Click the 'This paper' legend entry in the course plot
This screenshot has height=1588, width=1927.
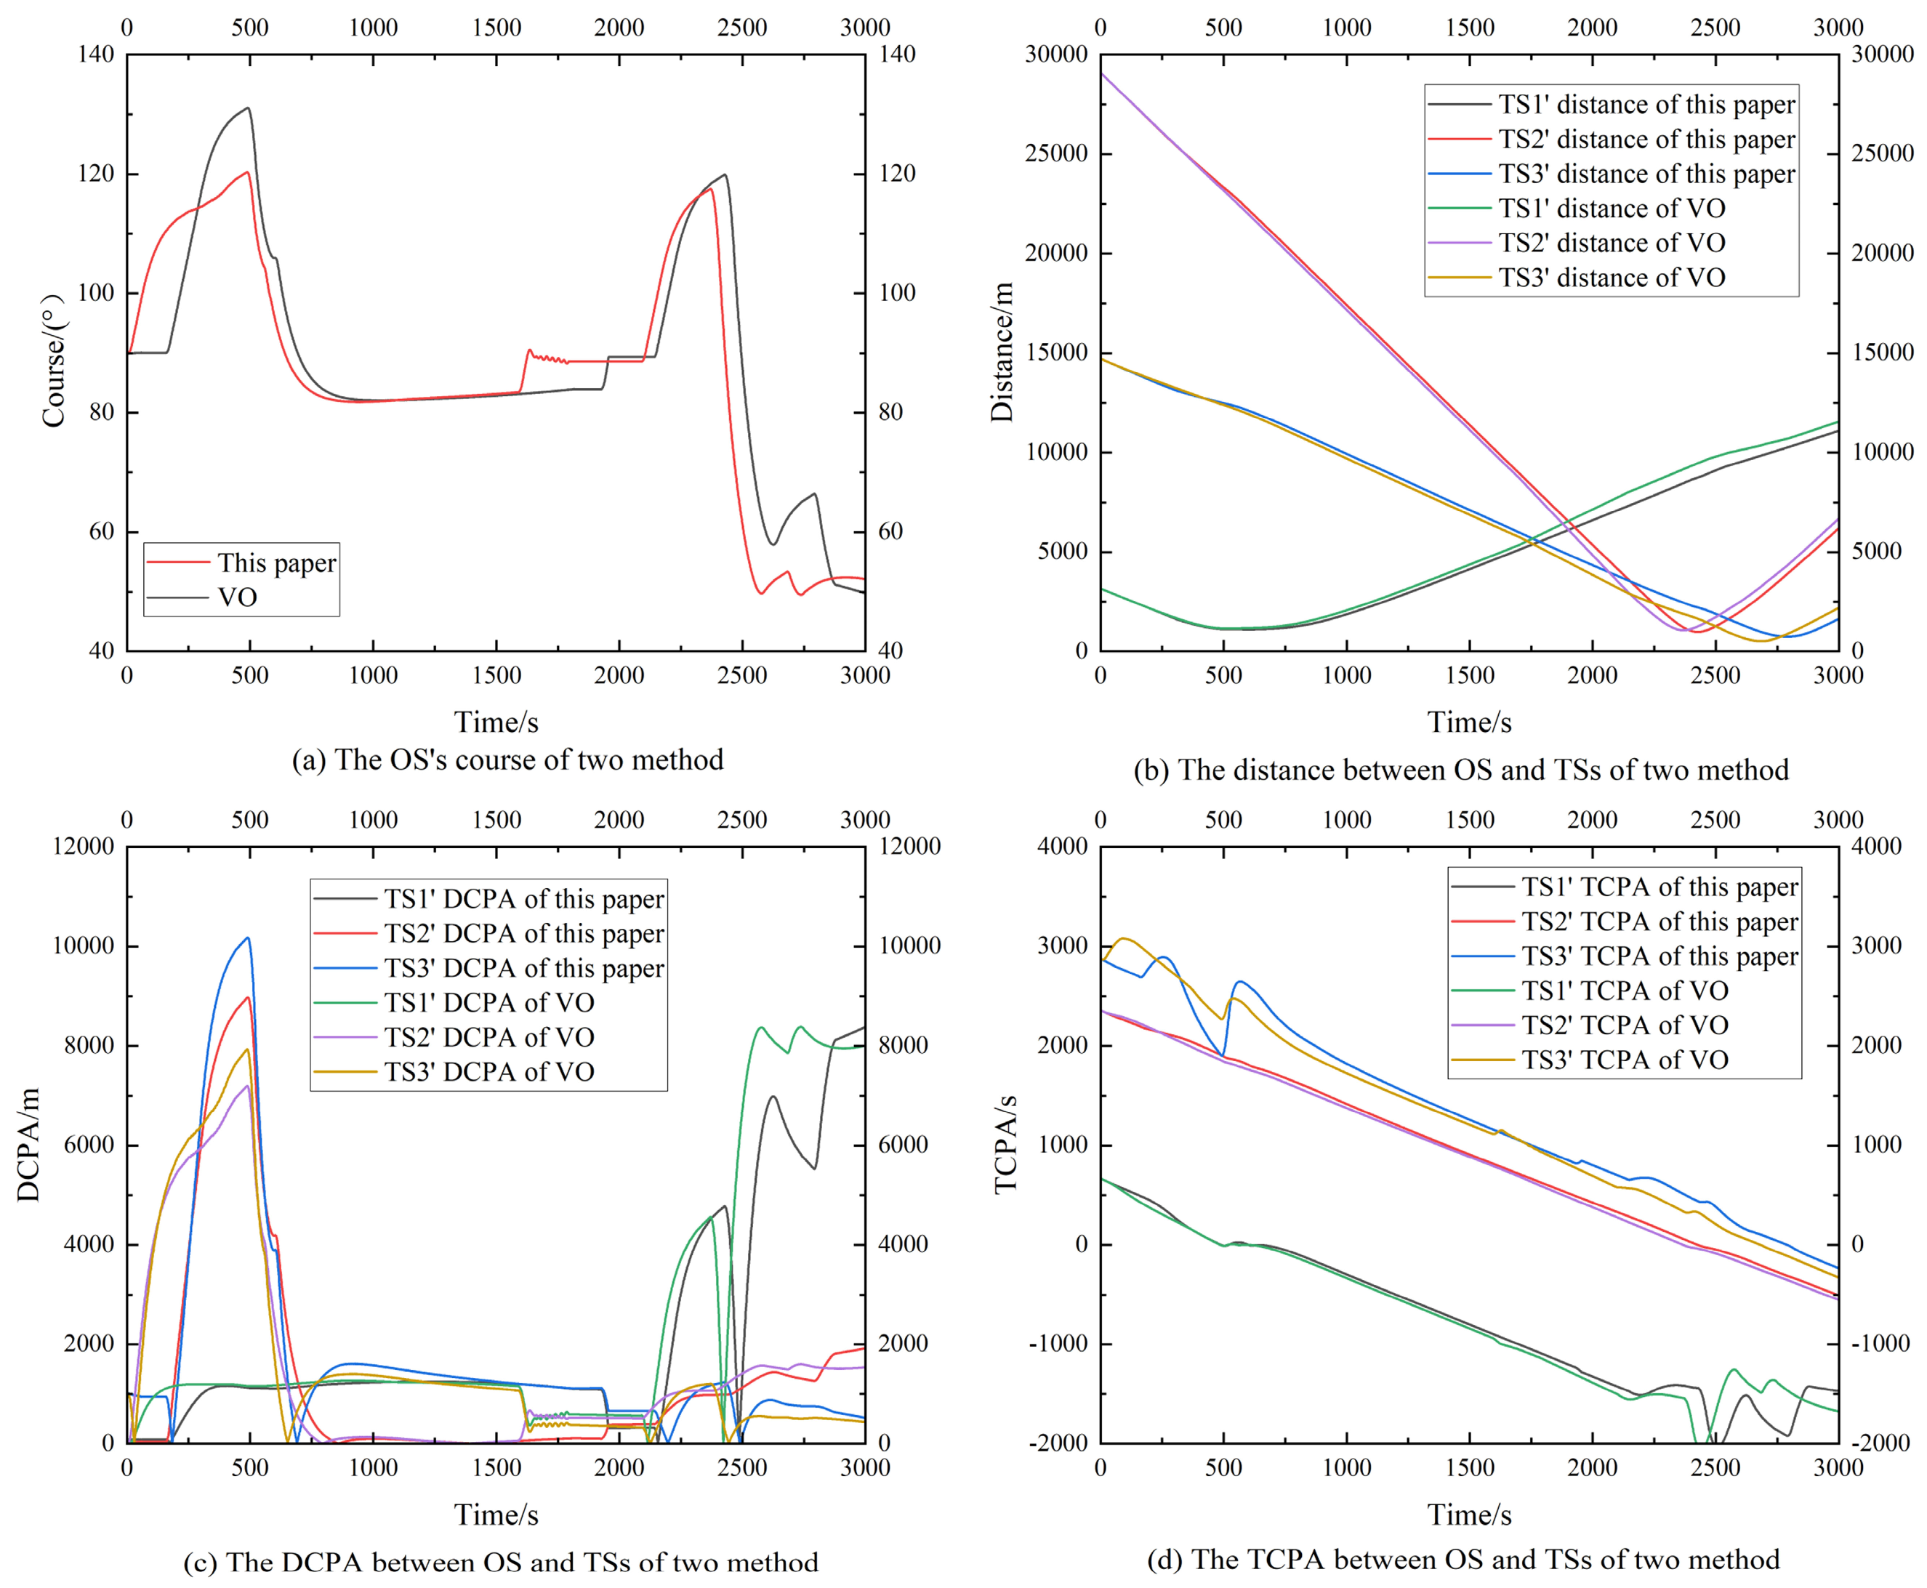[x=241, y=563]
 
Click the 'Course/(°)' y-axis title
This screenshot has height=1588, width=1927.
[x=54, y=360]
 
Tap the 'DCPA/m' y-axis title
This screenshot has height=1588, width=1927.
[x=28, y=1145]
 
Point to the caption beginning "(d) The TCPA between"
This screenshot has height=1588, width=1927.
[x=1464, y=1559]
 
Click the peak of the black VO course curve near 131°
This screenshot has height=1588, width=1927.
[x=248, y=108]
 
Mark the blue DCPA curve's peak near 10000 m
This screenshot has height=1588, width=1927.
[x=247, y=938]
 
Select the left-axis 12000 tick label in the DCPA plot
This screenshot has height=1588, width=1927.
[x=84, y=846]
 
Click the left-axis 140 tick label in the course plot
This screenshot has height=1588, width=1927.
[x=96, y=54]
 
